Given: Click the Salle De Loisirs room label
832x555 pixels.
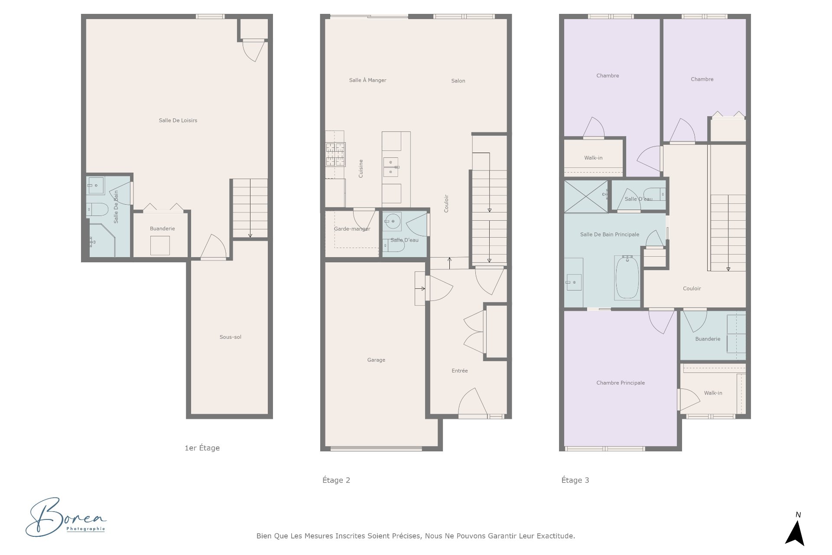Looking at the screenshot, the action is [178, 121].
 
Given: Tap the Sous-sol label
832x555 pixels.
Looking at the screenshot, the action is [230, 337].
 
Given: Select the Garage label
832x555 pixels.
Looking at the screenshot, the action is [376, 360].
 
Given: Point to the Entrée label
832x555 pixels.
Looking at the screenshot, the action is [460, 371].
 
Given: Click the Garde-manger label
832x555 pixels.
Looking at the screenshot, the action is [352, 229].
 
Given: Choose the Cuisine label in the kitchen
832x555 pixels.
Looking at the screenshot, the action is [361, 169].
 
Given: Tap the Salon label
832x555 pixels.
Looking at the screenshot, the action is [458, 81].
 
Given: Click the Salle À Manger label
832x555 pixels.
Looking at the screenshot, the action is [367, 80].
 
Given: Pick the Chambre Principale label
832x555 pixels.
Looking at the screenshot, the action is [621, 383].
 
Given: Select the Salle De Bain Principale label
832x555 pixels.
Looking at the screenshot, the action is [610, 235].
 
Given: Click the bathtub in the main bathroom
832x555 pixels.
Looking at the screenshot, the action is [627, 278].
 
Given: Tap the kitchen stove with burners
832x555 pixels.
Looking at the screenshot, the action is [335, 155].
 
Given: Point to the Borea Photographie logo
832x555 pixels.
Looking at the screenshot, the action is [66, 517].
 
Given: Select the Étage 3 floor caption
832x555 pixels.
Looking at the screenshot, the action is [575, 480].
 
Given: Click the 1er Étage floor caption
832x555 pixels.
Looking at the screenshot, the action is [202, 448].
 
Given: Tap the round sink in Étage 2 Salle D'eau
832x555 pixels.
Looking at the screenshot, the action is [393, 222].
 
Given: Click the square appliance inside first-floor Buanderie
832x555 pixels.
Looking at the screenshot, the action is [160, 245].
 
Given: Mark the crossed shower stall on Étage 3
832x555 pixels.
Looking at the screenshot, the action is [585, 196].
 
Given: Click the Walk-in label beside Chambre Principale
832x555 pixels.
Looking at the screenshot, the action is [713, 393].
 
